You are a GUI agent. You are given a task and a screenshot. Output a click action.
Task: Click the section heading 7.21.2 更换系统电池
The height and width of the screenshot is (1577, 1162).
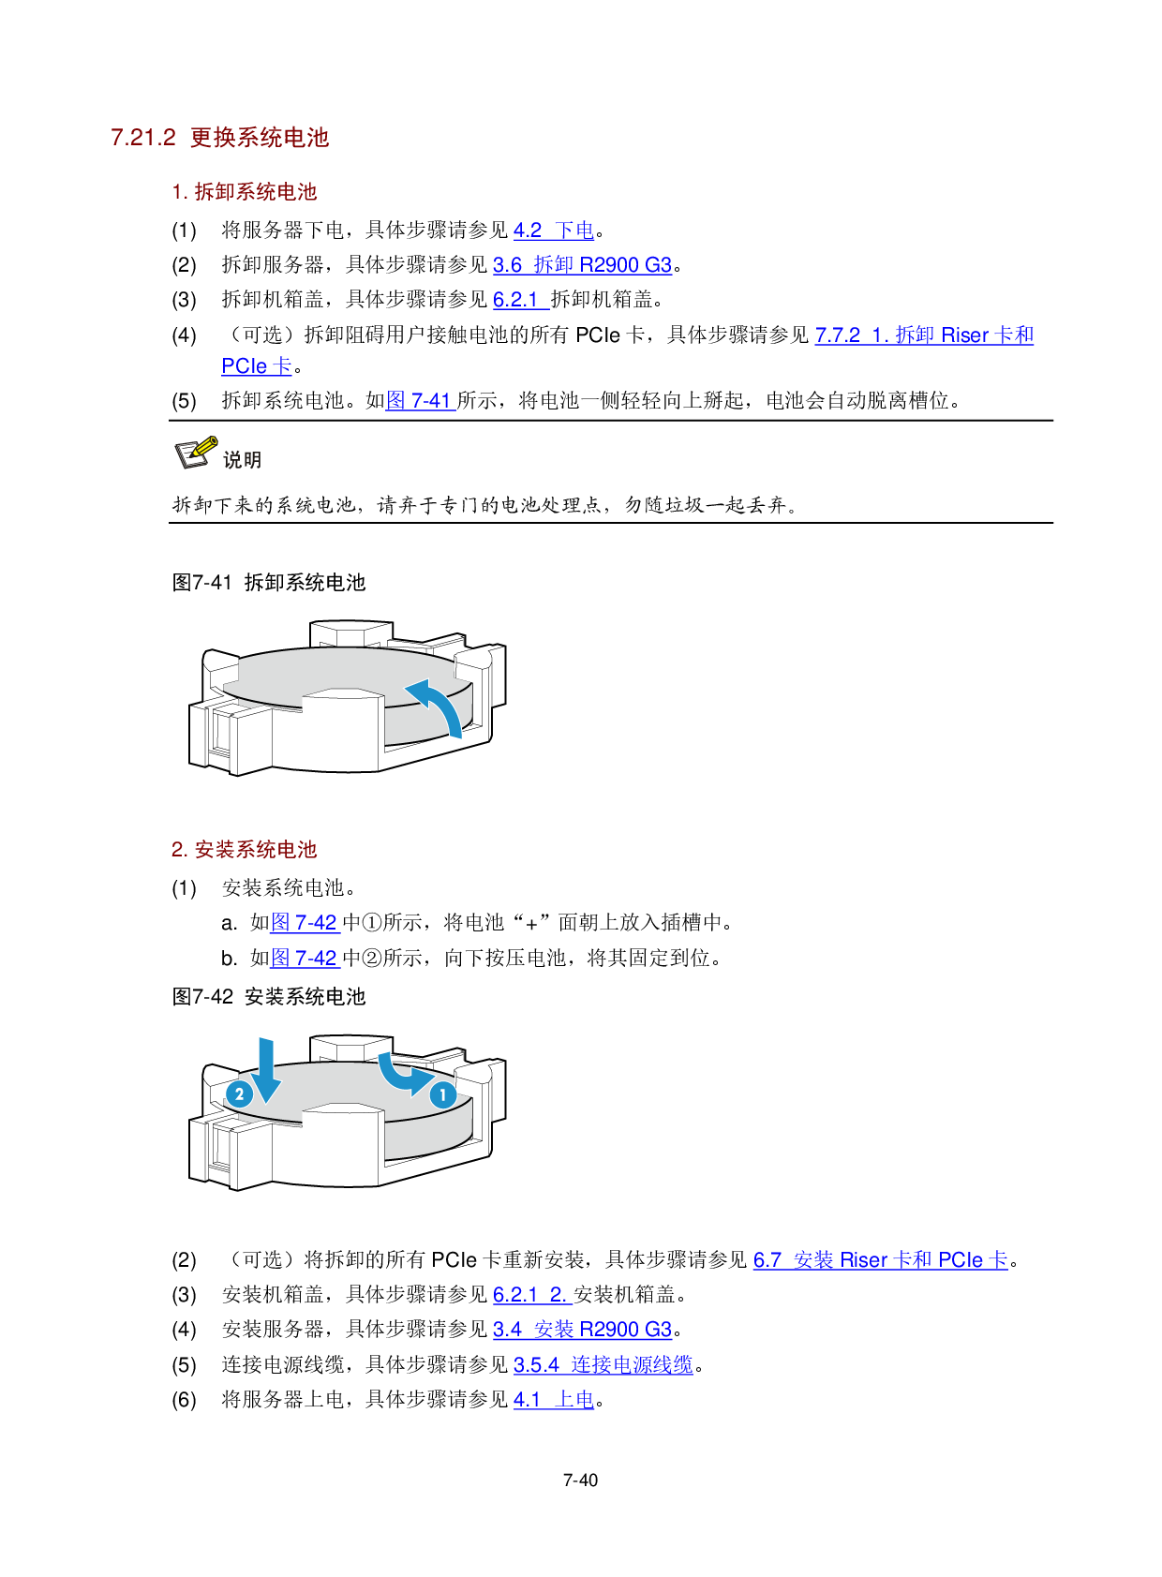(220, 138)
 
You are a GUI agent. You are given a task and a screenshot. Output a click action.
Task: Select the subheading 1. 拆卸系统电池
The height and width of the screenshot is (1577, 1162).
(245, 192)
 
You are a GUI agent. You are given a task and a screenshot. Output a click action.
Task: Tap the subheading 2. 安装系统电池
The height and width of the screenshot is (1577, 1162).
(245, 850)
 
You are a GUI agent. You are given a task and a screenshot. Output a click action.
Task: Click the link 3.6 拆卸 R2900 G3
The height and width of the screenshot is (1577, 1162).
(582, 265)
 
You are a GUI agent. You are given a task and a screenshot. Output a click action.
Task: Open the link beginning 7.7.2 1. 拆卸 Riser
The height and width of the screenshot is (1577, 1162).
(924, 335)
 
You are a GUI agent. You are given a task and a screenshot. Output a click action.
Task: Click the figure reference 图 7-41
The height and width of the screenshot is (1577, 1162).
(420, 401)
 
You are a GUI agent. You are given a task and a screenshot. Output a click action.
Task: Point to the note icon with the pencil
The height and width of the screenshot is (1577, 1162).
(197, 453)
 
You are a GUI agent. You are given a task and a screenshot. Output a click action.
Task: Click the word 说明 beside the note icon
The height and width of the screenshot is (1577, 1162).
(242, 460)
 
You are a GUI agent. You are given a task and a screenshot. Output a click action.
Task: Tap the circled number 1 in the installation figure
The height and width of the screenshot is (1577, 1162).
(442, 1094)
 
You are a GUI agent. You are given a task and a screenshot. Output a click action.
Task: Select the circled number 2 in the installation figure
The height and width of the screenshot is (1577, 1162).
(240, 1094)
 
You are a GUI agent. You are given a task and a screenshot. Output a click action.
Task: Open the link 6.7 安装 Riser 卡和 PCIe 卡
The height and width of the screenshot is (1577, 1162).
(880, 1260)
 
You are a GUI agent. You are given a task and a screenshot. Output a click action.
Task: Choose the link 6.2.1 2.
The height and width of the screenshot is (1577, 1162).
(531, 1295)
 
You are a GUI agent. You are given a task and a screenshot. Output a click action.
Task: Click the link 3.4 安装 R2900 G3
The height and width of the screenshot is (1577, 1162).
(582, 1330)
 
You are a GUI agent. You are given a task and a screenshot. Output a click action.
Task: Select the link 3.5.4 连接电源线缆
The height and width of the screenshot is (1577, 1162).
(603, 1365)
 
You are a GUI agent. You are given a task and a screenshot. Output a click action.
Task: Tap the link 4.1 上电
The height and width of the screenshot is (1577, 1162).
(553, 1400)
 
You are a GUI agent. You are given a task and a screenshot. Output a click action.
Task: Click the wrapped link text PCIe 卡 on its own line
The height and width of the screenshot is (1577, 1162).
(256, 366)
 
